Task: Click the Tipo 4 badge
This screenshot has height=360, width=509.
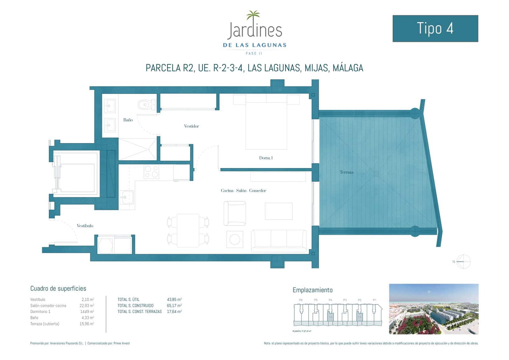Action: [x=435, y=28]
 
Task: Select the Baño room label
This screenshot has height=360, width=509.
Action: [x=128, y=120]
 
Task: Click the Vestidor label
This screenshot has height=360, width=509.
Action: [x=192, y=126]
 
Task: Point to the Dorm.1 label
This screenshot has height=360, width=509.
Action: [x=266, y=158]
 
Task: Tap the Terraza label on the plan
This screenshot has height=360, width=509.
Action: [x=346, y=172]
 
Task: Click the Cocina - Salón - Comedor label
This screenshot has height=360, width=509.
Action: [x=243, y=191]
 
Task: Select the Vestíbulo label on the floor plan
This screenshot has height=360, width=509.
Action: [x=85, y=226]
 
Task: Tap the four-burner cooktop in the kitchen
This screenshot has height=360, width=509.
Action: [x=151, y=172]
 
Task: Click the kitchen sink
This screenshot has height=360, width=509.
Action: [x=126, y=198]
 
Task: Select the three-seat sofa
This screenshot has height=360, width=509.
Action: [x=279, y=241]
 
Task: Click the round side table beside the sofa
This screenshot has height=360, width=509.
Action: [x=235, y=239]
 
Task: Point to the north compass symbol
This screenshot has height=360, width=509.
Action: [x=463, y=262]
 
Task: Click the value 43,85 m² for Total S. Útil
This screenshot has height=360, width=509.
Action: [x=174, y=300]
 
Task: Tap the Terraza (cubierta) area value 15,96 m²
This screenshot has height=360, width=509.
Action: [x=87, y=324]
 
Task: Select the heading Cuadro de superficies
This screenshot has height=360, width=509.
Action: [x=58, y=289]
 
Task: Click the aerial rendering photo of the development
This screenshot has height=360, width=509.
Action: [x=434, y=309]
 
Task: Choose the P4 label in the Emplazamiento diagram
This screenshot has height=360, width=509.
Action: [x=330, y=300]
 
